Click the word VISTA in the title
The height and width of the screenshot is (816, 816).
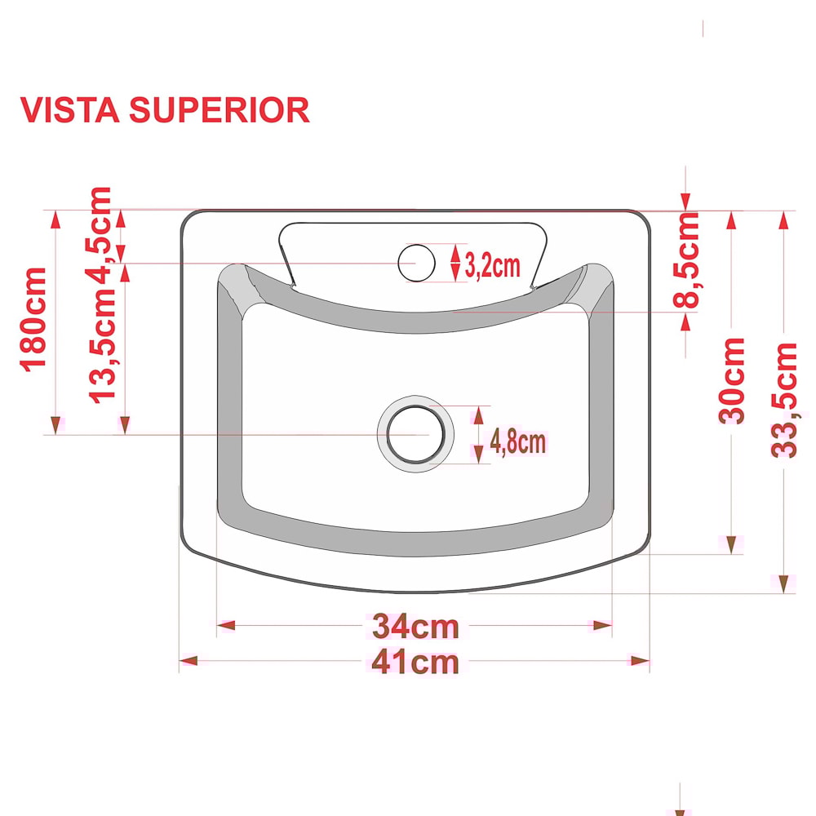[x=69, y=110]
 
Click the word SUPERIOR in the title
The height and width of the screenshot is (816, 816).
[x=219, y=110]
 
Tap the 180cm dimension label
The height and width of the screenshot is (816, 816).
[x=33, y=320]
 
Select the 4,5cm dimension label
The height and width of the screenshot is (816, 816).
[x=100, y=236]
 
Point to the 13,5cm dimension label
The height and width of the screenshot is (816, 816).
[x=101, y=345]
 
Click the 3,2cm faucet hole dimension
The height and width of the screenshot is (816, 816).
[x=492, y=265]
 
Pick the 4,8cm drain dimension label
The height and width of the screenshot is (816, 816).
[x=518, y=441]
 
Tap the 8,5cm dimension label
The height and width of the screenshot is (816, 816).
[x=686, y=260]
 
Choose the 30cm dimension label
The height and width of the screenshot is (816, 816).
[x=731, y=380]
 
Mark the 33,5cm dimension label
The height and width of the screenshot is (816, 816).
[x=783, y=400]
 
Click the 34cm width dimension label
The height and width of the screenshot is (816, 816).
[x=415, y=626]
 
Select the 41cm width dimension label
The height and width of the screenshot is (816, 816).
[x=415, y=662]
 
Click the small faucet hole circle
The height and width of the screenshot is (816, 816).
[x=416, y=263]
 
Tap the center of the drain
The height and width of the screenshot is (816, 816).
[x=415, y=434]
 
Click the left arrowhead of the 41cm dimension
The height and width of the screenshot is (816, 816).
[x=188, y=661]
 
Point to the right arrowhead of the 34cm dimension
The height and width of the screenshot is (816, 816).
[x=603, y=625]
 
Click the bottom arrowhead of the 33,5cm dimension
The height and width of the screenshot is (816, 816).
[x=783, y=584]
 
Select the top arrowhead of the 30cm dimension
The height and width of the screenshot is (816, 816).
[x=731, y=220]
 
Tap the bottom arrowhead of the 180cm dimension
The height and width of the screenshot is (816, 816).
[x=55, y=425]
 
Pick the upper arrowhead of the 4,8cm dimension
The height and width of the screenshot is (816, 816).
[x=479, y=415]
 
